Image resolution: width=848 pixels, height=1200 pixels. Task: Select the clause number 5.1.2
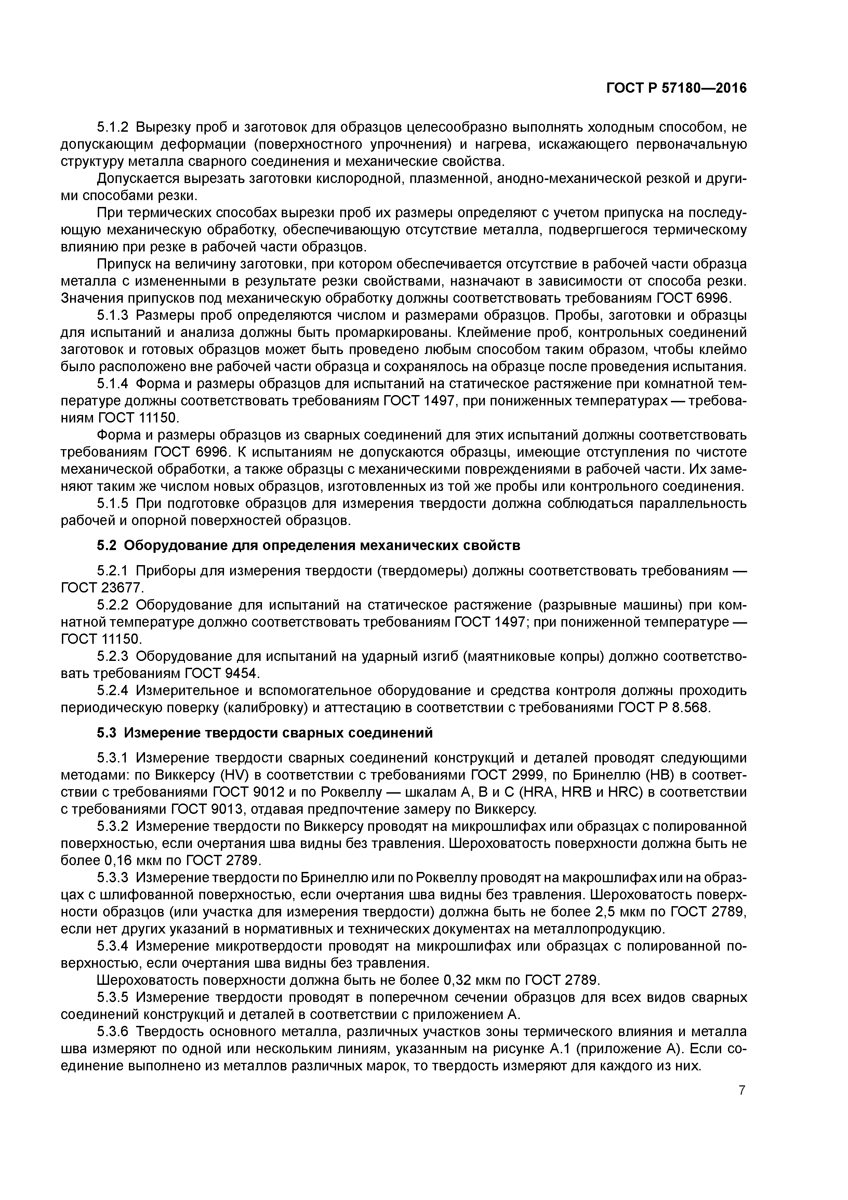click(x=114, y=127)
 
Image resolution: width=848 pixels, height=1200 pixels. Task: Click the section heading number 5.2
click(x=107, y=546)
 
